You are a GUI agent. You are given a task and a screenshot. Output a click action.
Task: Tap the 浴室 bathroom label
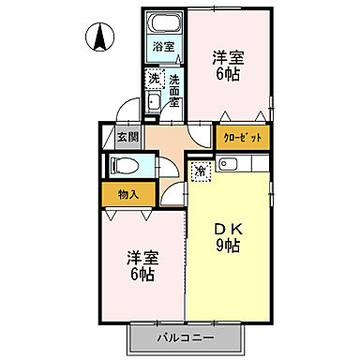pyautogui.click(x=164, y=45)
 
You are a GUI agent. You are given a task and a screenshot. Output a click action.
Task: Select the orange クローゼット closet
pyautogui.click(x=243, y=137)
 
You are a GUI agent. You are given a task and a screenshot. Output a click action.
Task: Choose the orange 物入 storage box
pyautogui.click(x=128, y=195)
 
